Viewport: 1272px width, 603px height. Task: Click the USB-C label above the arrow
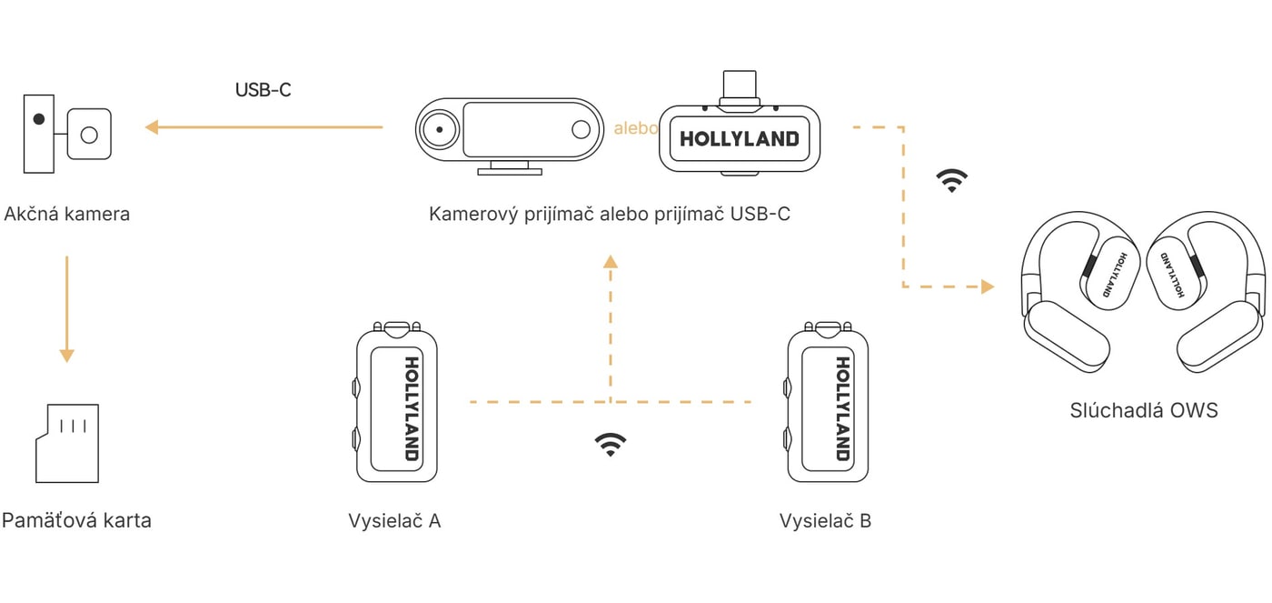[x=263, y=90]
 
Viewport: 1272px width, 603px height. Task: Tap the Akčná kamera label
[x=67, y=214]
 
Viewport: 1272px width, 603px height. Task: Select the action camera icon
[x=67, y=134]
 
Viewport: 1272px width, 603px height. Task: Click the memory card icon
[x=67, y=443]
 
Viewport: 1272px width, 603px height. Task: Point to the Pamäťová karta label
[x=76, y=520]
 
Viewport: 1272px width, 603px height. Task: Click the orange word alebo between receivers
[x=635, y=128]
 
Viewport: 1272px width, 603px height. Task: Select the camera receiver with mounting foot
[x=510, y=136]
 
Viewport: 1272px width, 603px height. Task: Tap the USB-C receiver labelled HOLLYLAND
[x=740, y=139]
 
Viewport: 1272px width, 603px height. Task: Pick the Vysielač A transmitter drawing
[x=396, y=402]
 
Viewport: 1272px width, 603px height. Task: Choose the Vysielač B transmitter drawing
[x=828, y=402]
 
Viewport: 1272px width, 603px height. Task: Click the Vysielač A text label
[x=394, y=520]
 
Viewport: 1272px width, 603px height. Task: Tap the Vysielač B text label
[x=825, y=520]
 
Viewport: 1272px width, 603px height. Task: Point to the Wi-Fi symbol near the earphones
[x=952, y=180]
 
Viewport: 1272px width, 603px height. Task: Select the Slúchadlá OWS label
[x=1144, y=410]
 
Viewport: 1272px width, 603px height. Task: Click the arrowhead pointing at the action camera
[x=152, y=127]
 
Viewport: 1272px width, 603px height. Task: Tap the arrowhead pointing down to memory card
[x=67, y=356]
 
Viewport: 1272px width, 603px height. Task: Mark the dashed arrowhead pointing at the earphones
[x=989, y=286]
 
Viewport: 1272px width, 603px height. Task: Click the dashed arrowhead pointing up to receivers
[x=611, y=261]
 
